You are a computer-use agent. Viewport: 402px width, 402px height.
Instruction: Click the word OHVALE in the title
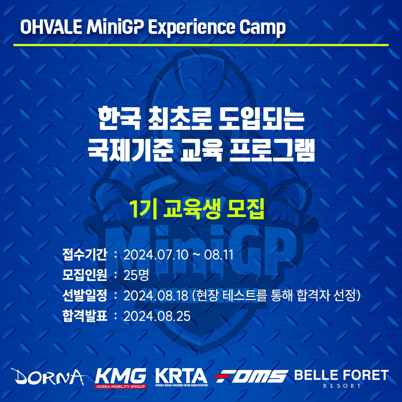coord(51,27)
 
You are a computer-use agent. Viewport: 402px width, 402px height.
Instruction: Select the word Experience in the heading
coord(191,28)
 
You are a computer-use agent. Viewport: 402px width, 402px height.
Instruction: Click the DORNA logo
coord(48,377)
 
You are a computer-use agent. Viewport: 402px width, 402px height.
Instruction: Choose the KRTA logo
coord(182,377)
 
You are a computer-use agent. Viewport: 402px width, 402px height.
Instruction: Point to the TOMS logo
coord(251,376)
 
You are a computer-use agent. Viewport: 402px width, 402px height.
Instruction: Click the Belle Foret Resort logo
coord(341,379)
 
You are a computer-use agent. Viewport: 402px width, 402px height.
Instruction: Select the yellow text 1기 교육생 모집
coord(197,209)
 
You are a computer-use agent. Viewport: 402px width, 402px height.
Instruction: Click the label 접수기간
coord(84,255)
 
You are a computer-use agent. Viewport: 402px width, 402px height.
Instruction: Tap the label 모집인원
coord(84,275)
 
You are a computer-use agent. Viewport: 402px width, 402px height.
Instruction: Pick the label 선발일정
coord(84,295)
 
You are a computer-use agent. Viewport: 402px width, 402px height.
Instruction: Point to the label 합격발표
coord(84,316)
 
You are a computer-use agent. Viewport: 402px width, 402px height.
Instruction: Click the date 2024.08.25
coord(157,316)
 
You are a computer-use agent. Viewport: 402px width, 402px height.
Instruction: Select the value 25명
coord(136,275)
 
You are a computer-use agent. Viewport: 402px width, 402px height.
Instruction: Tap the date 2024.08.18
coord(156,296)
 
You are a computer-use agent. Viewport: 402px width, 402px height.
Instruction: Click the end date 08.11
coord(219,255)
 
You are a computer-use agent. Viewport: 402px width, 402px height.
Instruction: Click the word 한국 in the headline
coord(119,119)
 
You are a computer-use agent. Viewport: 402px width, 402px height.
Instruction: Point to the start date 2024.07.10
coord(156,255)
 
